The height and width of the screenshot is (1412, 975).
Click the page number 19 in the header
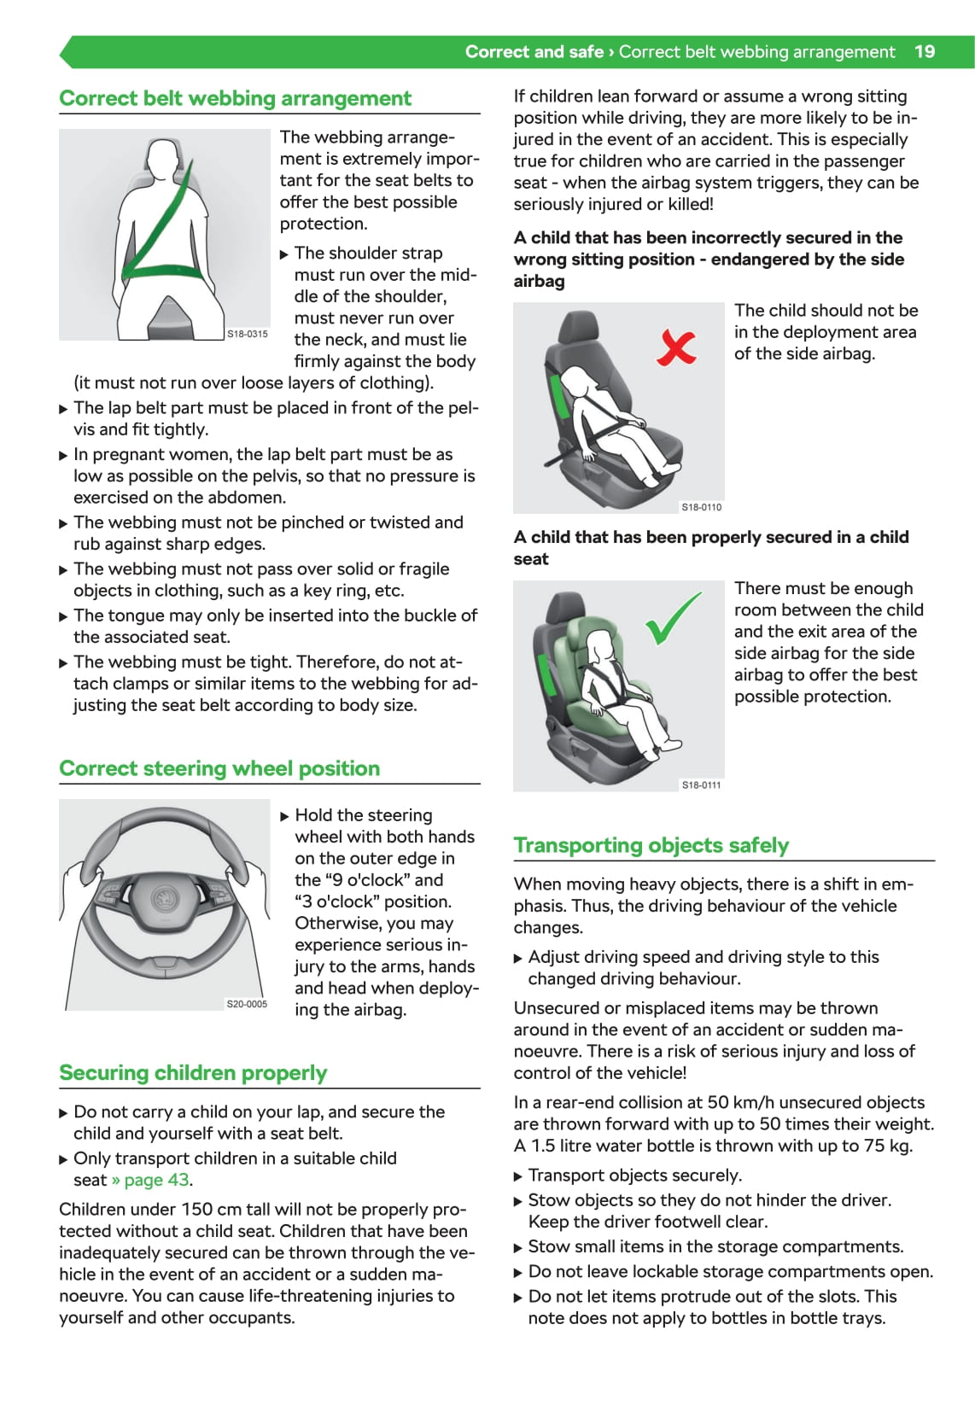pos(925,52)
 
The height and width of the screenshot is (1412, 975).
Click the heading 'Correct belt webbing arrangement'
pos(235,98)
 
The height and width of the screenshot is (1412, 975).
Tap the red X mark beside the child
pos(676,347)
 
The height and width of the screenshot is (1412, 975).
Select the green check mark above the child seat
pos(673,618)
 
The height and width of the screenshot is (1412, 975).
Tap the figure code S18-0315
pos(247,334)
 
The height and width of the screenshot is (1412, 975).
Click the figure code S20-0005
pos(247,1004)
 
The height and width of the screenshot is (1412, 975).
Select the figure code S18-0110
pos(702,507)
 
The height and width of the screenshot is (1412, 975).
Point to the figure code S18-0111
pos(702,785)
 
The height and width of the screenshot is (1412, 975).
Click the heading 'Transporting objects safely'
pos(651,844)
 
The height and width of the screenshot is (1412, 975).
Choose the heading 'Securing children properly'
pos(193,1073)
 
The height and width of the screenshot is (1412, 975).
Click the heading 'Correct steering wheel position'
pos(219,768)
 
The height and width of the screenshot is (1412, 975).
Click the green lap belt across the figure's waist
pos(162,271)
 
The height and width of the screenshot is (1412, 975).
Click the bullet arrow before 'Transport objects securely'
pos(518,1176)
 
